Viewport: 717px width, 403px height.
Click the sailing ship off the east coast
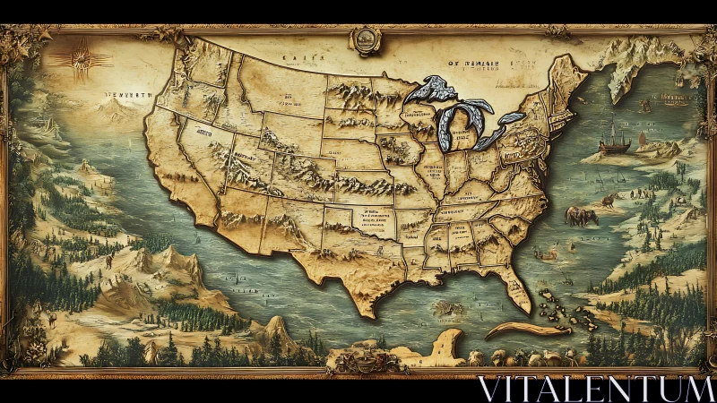[x=613, y=137]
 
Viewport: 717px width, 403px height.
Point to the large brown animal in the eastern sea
[x=582, y=215]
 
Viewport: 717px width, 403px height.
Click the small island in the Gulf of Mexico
[x=445, y=307]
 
